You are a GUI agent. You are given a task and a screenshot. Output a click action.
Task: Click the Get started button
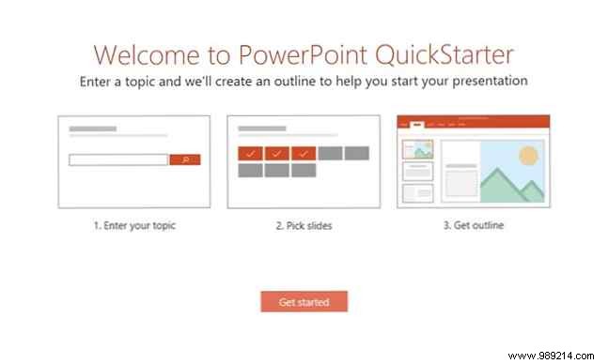point(304,301)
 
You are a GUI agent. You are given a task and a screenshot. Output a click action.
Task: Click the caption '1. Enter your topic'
point(134,225)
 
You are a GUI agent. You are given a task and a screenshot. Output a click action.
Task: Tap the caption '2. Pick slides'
point(303,225)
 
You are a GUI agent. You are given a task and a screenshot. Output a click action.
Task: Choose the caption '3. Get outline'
point(472,225)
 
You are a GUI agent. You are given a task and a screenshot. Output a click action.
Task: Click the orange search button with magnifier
point(184,159)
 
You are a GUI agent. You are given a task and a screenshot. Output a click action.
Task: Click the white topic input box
point(118,159)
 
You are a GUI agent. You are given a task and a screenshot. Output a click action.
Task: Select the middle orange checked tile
point(276,153)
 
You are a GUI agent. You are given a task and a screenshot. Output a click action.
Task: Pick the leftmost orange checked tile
point(250,153)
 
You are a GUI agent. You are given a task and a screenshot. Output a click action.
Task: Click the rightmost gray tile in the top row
point(356,153)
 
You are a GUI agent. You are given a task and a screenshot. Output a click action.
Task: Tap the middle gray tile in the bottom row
point(276,170)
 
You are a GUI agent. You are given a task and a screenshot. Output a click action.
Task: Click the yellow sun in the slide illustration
point(527,156)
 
